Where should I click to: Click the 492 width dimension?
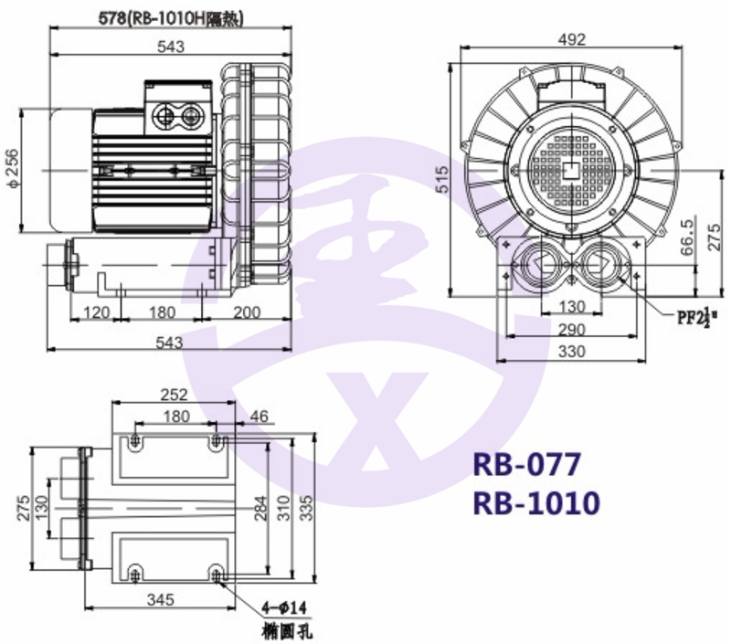[x=572, y=39]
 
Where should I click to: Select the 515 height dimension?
[x=443, y=179]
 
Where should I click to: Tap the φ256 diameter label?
[x=13, y=169]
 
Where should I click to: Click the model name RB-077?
[x=527, y=464]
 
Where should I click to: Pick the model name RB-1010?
[x=536, y=503]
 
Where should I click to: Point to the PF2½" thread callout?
[x=697, y=317]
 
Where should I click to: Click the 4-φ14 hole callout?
[x=283, y=608]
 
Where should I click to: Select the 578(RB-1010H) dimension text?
[x=171, y=18]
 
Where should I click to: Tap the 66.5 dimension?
[x=687, y=238]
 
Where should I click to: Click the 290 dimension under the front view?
[x=572, y=330]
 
